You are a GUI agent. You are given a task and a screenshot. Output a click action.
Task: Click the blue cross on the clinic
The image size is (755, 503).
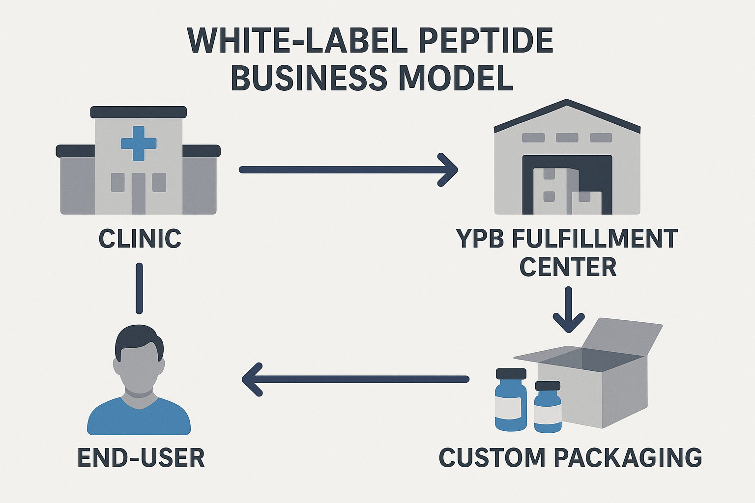(x=139, y=143)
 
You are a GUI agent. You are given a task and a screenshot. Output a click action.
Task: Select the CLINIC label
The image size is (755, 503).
(x=140, y=239)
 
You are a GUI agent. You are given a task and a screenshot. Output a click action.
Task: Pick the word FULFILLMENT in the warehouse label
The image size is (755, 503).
(x=595, y=239)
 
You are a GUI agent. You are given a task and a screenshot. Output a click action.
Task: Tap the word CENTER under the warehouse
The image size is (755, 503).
(x=568, y=267)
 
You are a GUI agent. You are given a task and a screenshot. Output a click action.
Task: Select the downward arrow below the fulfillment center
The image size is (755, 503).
(x=568, y=309)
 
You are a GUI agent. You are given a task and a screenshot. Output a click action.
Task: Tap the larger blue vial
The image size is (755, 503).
(x=510, y=400)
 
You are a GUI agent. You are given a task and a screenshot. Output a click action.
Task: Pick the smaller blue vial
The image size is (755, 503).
(x=548, y=408)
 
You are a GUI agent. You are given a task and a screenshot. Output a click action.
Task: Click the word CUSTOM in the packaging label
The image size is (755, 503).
(x=492, y=457)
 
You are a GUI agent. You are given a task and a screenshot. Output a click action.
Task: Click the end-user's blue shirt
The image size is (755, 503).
(x=139, y=418)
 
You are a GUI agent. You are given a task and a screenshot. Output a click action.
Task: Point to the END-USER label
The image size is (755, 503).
(x=141, y=458)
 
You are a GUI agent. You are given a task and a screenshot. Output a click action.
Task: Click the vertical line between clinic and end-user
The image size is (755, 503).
(x=139, y=288)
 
